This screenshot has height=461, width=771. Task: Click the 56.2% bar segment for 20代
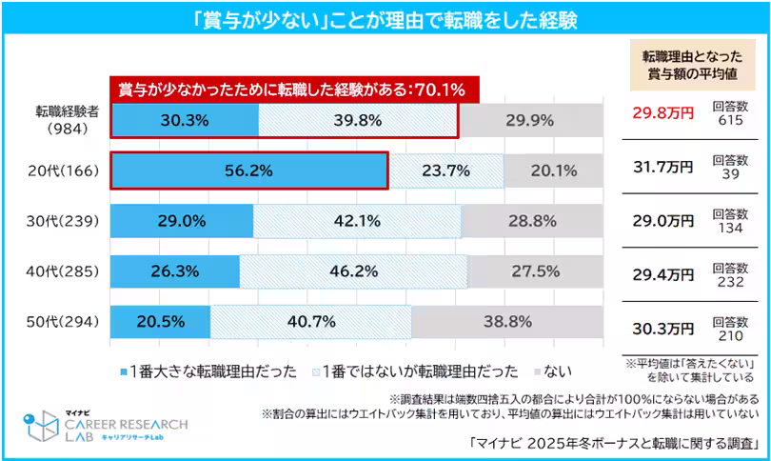(x=249, y=171)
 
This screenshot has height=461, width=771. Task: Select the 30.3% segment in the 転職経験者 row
(x=185, y=120)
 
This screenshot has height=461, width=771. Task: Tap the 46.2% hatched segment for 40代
(x=353, y=271)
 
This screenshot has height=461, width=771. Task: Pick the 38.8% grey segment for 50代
(x=506, y=322)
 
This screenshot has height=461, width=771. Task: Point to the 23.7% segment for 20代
(x=445, y=171)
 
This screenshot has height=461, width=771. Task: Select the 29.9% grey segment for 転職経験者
(x=530, y=120)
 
